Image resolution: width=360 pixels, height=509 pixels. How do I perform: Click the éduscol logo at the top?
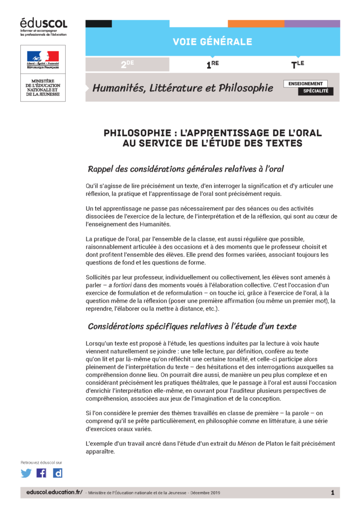pyautogui.click(x=43, y=23)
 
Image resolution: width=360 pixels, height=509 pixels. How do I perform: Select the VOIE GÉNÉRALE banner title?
pyautogui.click(x=212, y=42)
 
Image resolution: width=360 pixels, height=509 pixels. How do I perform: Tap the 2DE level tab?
pyautogui.click(x=127, y=64)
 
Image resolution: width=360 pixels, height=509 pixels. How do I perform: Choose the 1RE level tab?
pyautogui.click(x=213, y=64)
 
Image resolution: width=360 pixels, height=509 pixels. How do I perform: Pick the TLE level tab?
pyautogui.click(x=297, y=64)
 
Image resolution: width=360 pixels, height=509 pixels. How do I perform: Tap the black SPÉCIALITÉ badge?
pyautogui.click(x=315, y=91)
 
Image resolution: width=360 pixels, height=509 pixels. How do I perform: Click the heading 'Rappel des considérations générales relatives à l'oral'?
pyautogui.click(x=185, y=169)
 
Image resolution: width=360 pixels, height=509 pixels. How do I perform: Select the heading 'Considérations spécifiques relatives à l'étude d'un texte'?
pyautogui.click(x=192, y=326)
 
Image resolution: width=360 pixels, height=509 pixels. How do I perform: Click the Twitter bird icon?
pyautogui.click(x=26, y=473)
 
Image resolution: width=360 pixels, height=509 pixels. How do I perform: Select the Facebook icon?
pyautogui.click(x=42, y=473)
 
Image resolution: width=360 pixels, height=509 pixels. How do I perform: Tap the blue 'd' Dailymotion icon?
pyautogui.click(x=58, y=473)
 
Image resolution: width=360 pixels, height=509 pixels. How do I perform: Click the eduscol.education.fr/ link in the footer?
pyautogui.click(x=54, y=492)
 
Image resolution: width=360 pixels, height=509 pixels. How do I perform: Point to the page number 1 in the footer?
pyautogui.click(x=332, y=492)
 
